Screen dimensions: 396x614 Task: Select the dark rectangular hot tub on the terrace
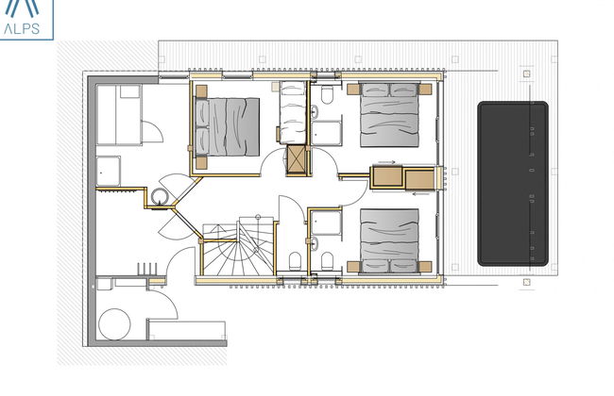point(513,183)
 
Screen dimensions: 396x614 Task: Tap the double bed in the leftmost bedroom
point(228,127)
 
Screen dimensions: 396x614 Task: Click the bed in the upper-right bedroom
point(389,115)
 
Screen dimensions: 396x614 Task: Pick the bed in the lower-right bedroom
point(389,239)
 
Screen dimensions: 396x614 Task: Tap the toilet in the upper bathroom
point(326,97)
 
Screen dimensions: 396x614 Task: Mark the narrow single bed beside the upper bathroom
point(292,115)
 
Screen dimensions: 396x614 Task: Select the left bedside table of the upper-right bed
point(354,89)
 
